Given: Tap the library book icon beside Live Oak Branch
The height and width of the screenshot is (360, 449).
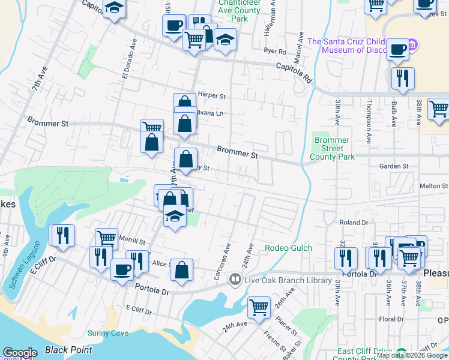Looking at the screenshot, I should [235, 280].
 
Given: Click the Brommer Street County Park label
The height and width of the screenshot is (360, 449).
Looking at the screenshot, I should [332, 149].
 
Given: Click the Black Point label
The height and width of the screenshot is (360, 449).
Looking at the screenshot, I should [69, 350].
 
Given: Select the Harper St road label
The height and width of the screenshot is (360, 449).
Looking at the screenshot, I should [211, 95].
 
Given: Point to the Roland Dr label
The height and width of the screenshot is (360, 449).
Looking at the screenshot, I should [354, 222].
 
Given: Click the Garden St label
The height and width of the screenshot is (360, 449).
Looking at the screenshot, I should [394, 166].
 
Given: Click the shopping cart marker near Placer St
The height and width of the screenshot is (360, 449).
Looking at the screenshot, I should [259, 307].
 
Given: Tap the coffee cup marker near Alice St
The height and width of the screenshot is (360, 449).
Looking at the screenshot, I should [122, 269].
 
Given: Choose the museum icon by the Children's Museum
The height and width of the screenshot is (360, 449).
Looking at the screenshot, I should [412, 46].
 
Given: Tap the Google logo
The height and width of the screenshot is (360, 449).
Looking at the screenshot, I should [20, 353].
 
